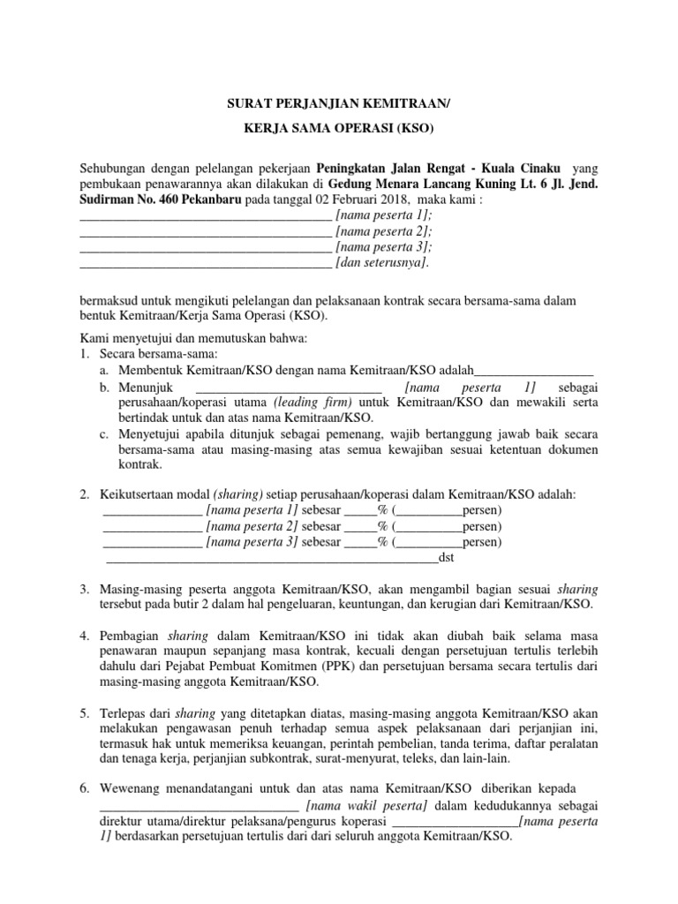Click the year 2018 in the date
(x=360, y=200)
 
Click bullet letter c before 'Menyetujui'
(x=104, y=434)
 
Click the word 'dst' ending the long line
(x=446, y=557)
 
